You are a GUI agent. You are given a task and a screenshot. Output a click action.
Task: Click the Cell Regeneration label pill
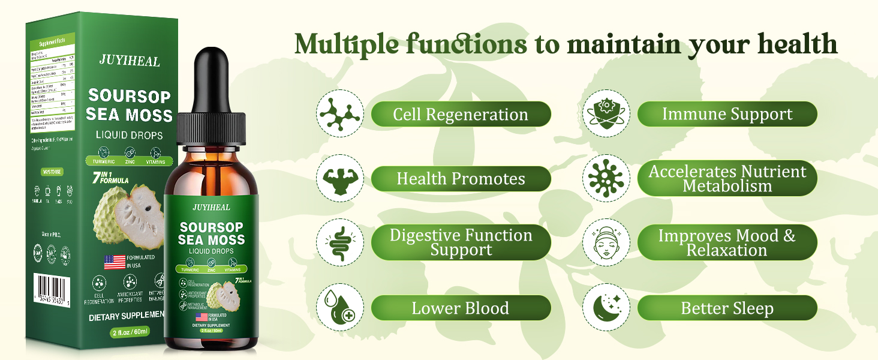[461, 114]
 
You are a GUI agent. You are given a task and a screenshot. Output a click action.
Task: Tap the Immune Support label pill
[727, 114]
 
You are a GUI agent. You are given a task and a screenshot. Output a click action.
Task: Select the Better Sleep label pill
[727, 308]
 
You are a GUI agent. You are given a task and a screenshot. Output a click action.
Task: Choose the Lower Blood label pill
[461, 308]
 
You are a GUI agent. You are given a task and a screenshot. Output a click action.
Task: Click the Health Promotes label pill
[461, 179]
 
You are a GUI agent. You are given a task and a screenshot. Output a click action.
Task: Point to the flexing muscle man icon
[340, 178]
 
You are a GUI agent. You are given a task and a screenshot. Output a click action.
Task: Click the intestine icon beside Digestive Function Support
[340, 243]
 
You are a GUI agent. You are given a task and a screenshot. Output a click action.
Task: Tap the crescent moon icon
[606, 308]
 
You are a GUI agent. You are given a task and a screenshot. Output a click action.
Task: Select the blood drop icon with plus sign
[340, 308]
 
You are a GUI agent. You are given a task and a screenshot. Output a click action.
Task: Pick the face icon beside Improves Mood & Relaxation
[606, 243]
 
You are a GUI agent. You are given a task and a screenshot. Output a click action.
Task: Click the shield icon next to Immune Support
[606, 113]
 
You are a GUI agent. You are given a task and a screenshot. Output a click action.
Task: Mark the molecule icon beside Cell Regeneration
[340, 113]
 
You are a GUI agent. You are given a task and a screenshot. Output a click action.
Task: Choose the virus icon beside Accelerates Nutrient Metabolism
[606, 178]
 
